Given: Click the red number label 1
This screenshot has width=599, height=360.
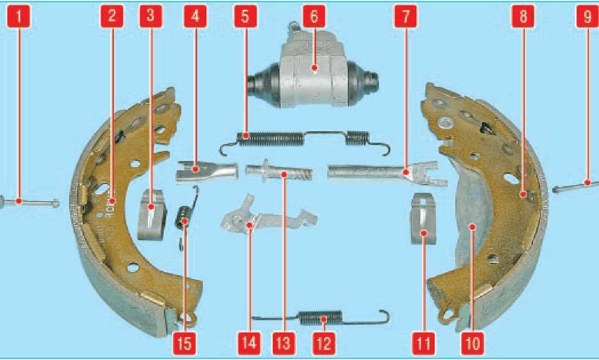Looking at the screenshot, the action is [x=19, y=16].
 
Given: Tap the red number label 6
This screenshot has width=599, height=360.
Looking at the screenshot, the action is [x=314, y=16].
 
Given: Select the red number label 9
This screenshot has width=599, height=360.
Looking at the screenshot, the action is [x=587, y=16].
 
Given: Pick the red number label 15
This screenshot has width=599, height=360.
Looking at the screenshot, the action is [x=184, y=344].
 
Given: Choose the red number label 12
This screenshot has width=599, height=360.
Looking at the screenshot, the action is [x=324, y=344].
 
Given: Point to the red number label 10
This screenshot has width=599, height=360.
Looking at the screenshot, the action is [x=473, y=344].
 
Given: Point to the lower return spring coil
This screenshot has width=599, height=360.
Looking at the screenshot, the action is [x=320, y=318].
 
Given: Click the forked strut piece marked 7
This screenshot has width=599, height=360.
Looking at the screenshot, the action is [x=388, y=174].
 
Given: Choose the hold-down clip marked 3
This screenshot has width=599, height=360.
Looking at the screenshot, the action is [x=151, y=215].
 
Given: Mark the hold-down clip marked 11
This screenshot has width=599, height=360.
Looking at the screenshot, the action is [x=423, y=219].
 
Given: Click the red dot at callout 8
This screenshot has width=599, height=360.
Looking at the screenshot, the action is [x=523, y=194].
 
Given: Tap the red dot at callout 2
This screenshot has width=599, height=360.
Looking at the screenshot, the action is [x=112, y=201].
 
